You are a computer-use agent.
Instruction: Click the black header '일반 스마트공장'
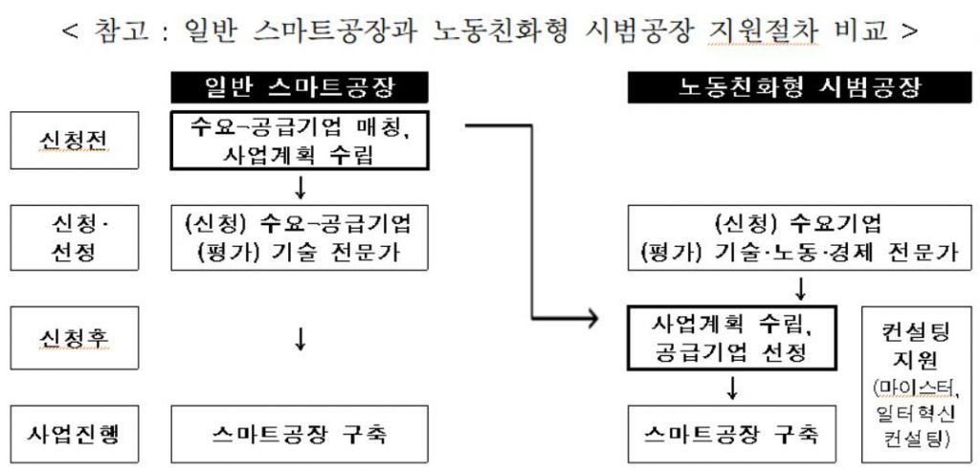click(300, 88)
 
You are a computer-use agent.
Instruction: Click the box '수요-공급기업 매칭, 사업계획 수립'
click(300, 141)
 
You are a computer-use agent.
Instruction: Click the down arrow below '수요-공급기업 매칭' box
click(300, 185)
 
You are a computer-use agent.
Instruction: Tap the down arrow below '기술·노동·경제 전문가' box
click(800, 287)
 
